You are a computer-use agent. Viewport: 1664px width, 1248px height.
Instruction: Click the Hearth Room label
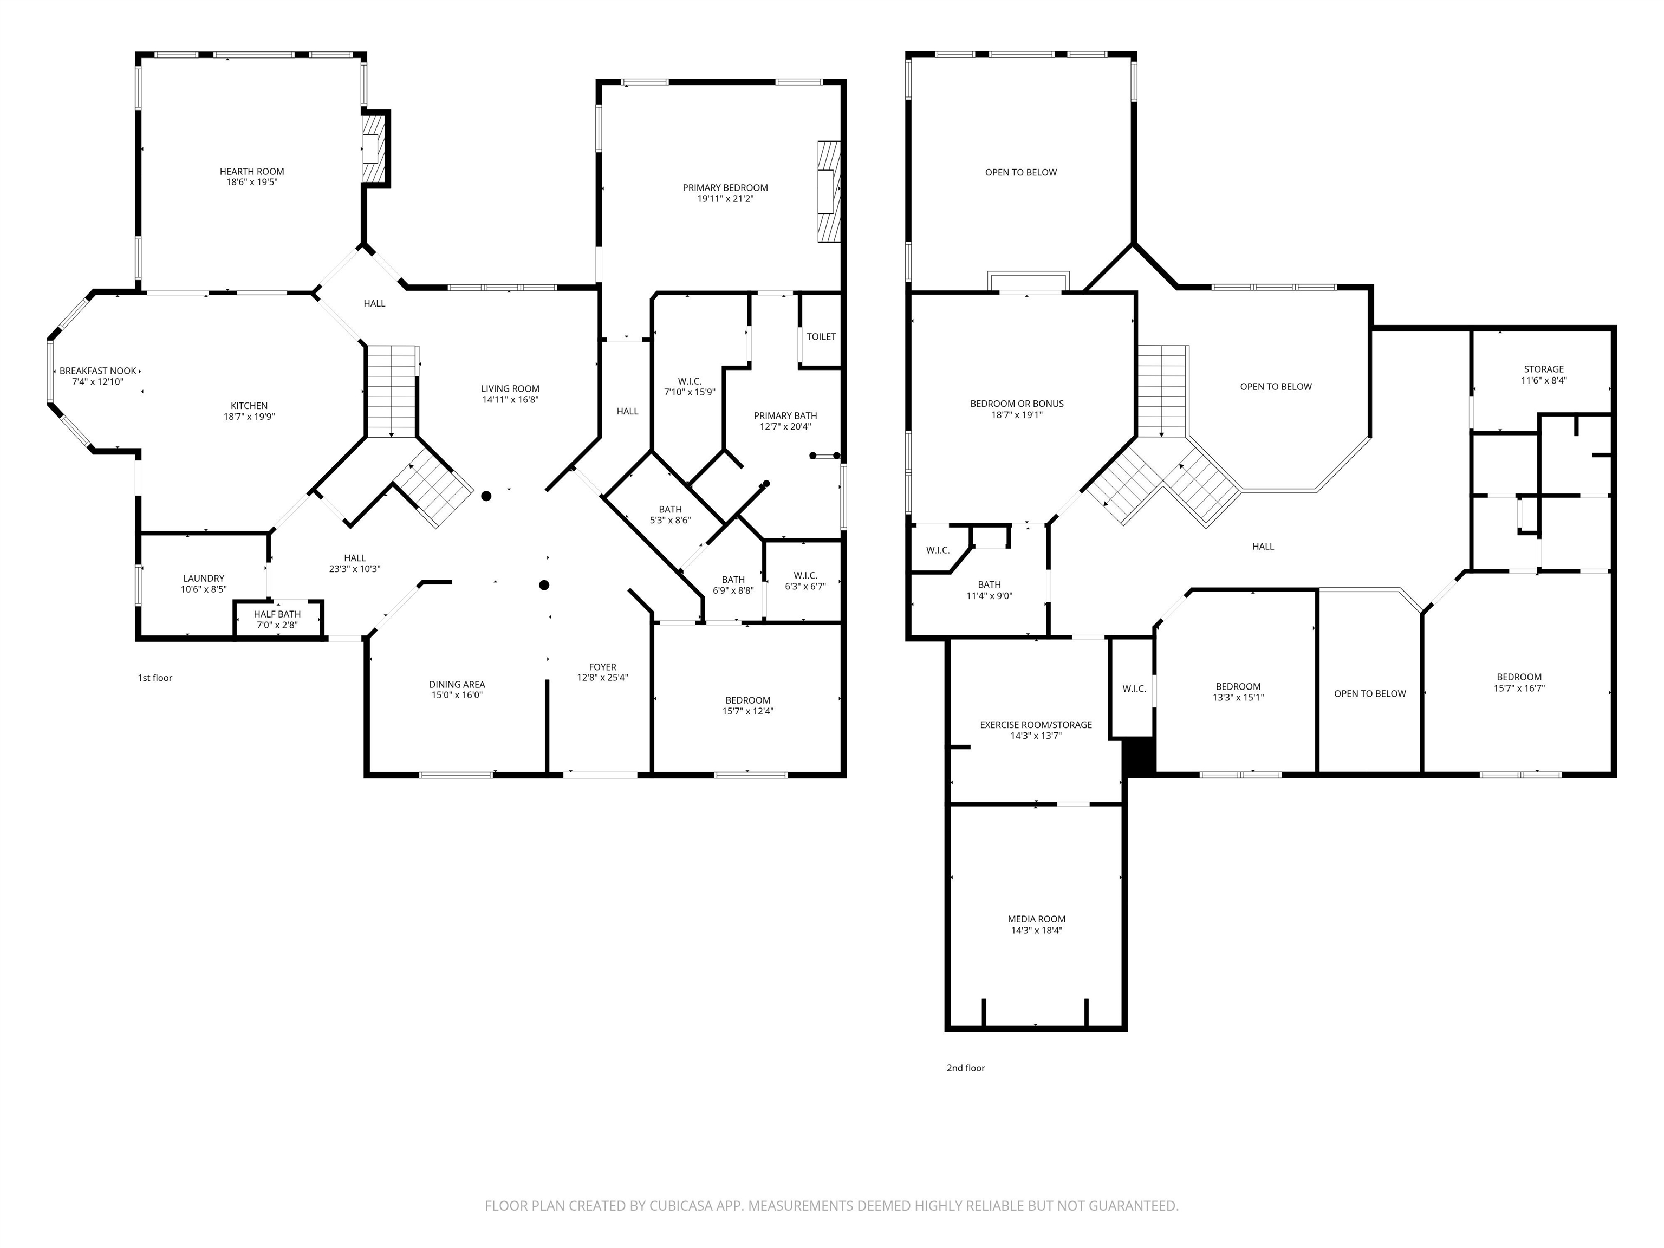pyautogui.click(x=251, y=172)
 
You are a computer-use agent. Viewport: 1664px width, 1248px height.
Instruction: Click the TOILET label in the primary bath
pyautogui.click(x=821, y=336)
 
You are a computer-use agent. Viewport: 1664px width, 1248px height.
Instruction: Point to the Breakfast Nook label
pyautogui.click(x=98, y=371)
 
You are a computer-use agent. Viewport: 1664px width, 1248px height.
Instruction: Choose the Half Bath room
pyautogui.click(x=277, y=619)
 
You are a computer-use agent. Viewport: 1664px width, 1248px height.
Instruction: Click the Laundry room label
pyautogui.click(x=203, y=578)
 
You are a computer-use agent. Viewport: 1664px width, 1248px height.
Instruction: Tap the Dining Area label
pyautogui.click(x=457, y=685)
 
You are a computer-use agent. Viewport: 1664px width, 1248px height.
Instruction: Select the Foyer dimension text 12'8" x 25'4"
pyautogui.click(x=602, y=678)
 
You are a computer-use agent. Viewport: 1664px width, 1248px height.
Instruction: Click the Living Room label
pyautogui.click(x=510, y=389)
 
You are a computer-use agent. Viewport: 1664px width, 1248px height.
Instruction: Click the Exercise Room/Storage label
pyautogui.click(x=1035, y=725)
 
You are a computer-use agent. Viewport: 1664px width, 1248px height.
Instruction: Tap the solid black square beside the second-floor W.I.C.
pyautogui.click(x=1138, y=756)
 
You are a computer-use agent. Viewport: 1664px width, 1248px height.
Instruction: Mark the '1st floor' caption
pyautogui.click(x=155, y=678)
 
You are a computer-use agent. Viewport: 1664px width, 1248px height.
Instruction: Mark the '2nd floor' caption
pyautogui.click(x=965, y=1068)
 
